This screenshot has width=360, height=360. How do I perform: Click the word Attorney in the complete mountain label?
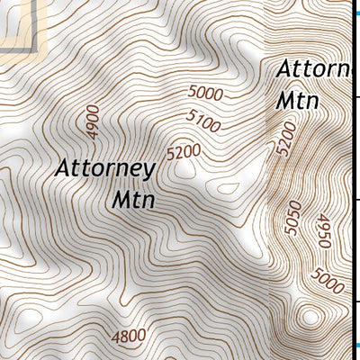click(x=105, y=168)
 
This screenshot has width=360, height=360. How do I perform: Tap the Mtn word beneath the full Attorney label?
click(x=134, y=198)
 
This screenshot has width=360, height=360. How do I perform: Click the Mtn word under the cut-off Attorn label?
click(x=297, y=99)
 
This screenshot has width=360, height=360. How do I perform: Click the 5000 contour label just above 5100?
click(x=206, y=92)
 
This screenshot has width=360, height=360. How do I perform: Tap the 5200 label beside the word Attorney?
click(x=184, y=152)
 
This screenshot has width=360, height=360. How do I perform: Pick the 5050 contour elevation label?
click(x=291, y=218)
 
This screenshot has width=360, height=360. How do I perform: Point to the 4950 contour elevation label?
click(x=322, y=231)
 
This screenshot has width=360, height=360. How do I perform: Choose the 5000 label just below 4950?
click(x=330, y=282)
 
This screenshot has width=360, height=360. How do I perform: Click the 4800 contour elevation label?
click(x=128, y=337)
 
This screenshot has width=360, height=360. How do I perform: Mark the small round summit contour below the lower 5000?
click(x=310, y=316)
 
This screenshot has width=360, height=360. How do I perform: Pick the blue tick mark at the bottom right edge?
click(x=356, y=345)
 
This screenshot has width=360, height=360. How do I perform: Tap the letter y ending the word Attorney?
click(x=150, y=171)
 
